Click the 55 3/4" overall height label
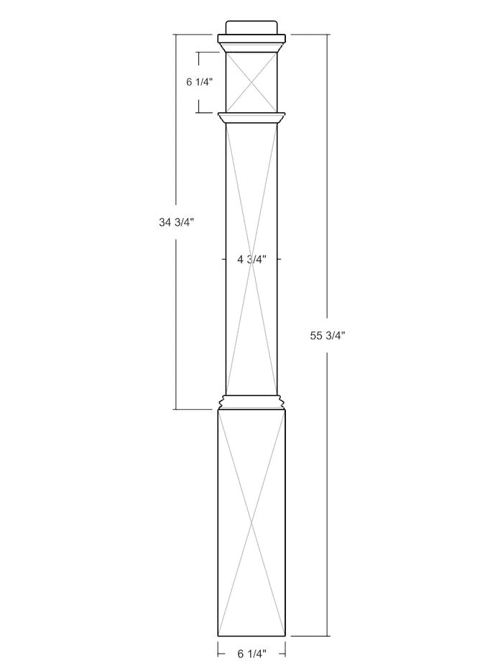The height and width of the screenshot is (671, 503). pos(328,336)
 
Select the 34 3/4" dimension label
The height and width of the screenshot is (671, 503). pos(177,222)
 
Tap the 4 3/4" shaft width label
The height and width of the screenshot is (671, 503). pos(252,259)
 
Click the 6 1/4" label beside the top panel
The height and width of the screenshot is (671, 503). pos(199,82)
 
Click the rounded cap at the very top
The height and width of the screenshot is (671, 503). pos(251,27)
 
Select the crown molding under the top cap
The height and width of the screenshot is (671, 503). pos(251,43)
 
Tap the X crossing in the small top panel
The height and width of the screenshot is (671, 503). pos(251,81)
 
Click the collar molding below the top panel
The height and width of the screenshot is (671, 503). pos(251,118)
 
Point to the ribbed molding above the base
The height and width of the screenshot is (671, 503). pos(251,402)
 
